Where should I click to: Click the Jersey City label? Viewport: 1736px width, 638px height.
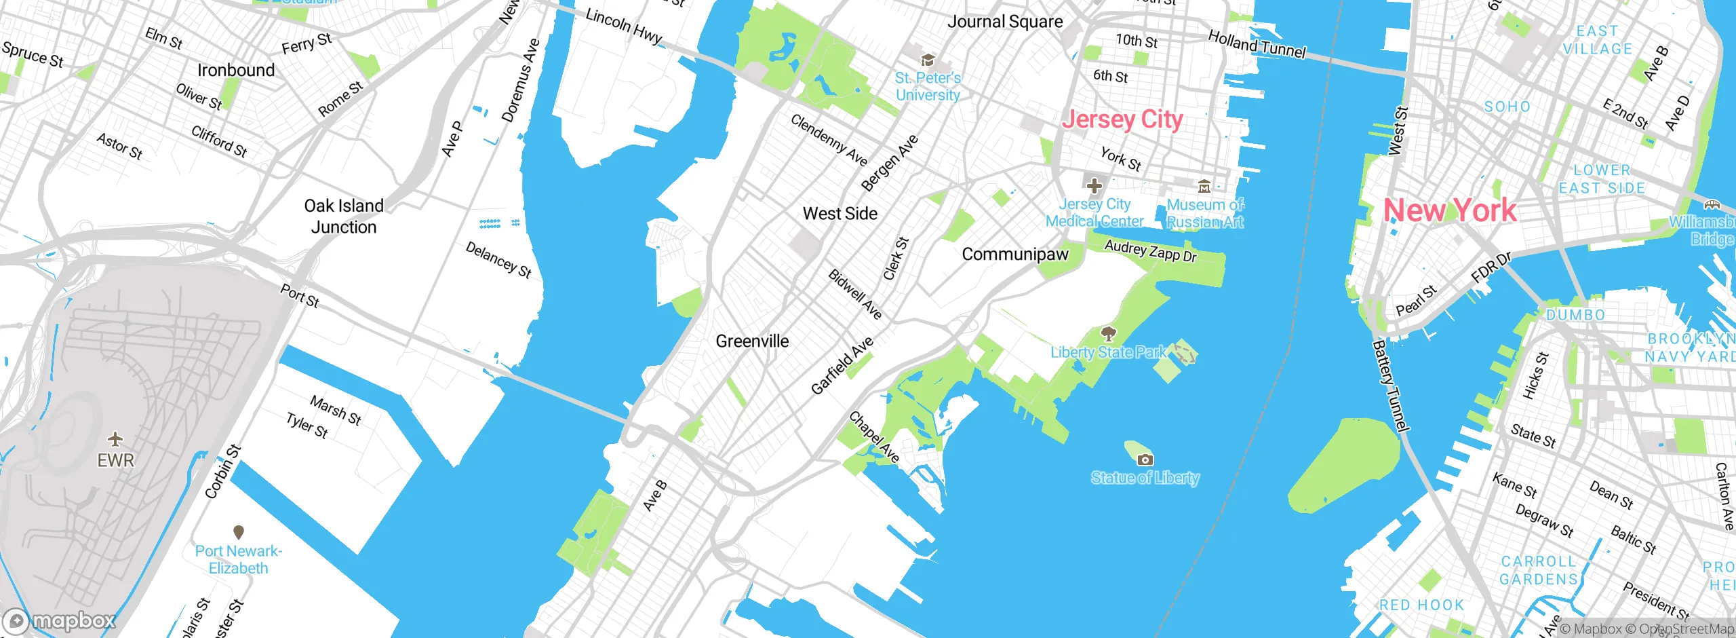(1122, 119)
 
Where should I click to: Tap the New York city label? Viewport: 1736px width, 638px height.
(1450, 210)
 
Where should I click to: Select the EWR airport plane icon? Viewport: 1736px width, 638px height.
(116, 439)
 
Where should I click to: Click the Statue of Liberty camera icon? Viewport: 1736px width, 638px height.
(1145, 459)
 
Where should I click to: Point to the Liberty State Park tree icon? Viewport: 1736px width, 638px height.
(1108, 333)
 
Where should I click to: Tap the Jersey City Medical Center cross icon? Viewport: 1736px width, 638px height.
(1094, 185)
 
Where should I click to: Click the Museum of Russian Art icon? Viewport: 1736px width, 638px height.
(1204, 186)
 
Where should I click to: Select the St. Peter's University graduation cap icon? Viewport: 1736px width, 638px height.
(928, 60)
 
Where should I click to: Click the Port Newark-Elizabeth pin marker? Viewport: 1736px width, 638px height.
(238, 531)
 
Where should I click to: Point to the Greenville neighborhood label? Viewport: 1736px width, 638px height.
(752, 341)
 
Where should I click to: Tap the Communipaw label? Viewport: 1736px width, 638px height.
(1014, 255)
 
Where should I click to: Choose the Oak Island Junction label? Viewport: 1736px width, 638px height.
(344, 217)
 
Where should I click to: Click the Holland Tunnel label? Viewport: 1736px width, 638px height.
(1257, 45)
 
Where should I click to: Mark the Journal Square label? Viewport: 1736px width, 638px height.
(1005, 22)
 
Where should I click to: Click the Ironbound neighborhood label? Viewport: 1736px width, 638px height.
(236, 71)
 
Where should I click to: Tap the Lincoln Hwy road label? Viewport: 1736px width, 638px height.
(624, 26)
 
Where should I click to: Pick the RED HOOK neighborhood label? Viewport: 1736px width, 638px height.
(1421, 605)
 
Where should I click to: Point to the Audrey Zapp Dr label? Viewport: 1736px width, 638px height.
(1151, 251)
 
